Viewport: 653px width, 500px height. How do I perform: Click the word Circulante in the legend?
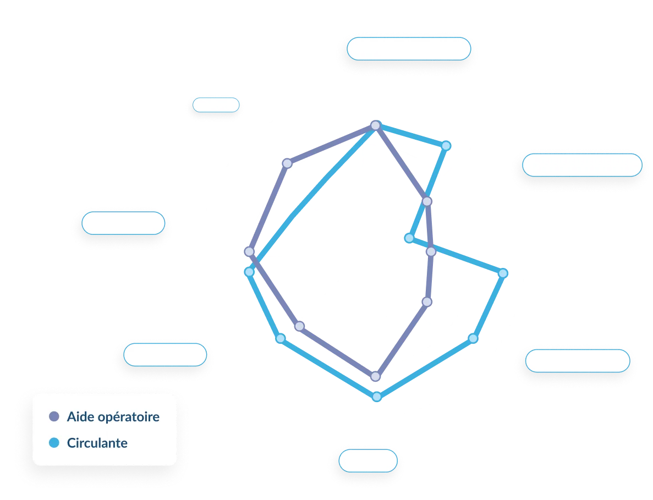97,443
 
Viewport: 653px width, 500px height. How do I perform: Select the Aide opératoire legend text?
113,416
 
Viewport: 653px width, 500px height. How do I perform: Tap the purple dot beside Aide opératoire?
54,416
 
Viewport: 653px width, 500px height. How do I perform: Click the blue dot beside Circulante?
54,443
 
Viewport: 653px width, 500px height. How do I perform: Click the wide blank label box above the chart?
409,49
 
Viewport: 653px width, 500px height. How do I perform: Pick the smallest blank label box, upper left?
216,105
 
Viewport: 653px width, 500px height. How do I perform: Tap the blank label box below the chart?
367,460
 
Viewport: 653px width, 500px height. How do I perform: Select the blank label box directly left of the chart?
123,223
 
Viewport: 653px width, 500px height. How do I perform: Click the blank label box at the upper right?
582,164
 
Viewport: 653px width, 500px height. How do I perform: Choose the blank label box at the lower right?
577,361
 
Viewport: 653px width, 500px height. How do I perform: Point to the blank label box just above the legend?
165,355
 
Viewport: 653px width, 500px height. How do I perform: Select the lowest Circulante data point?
376,397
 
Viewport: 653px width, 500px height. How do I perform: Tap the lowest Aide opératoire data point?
376,377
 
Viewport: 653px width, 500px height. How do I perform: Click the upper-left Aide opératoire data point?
287,163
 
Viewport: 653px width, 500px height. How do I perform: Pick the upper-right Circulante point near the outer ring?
446,146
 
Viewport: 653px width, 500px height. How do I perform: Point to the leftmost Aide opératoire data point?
249,252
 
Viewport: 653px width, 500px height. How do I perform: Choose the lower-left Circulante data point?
281,338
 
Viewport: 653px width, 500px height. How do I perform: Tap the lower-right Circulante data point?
473,338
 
